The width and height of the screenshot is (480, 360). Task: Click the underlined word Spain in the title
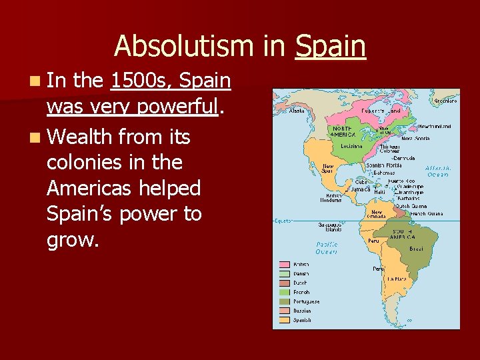331,47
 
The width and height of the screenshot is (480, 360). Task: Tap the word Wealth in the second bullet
83,137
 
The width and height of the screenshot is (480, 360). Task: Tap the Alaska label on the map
297,111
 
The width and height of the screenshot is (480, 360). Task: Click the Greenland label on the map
445,101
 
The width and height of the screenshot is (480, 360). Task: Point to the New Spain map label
328,169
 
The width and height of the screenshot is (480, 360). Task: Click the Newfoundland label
435,126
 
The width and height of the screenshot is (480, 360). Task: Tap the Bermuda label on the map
404,158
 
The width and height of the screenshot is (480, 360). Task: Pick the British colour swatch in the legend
284,264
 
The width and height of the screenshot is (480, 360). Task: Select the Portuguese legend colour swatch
284,301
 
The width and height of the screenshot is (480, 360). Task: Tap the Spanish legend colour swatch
284,319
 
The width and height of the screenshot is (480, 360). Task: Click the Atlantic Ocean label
438,171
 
